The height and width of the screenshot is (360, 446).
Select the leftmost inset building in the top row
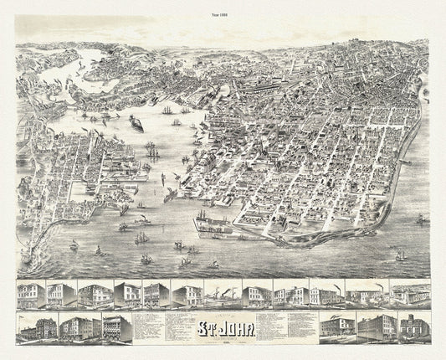point(31,294)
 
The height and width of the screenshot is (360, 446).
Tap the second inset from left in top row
point(62,294)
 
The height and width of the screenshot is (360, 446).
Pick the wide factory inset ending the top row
point(411,294)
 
